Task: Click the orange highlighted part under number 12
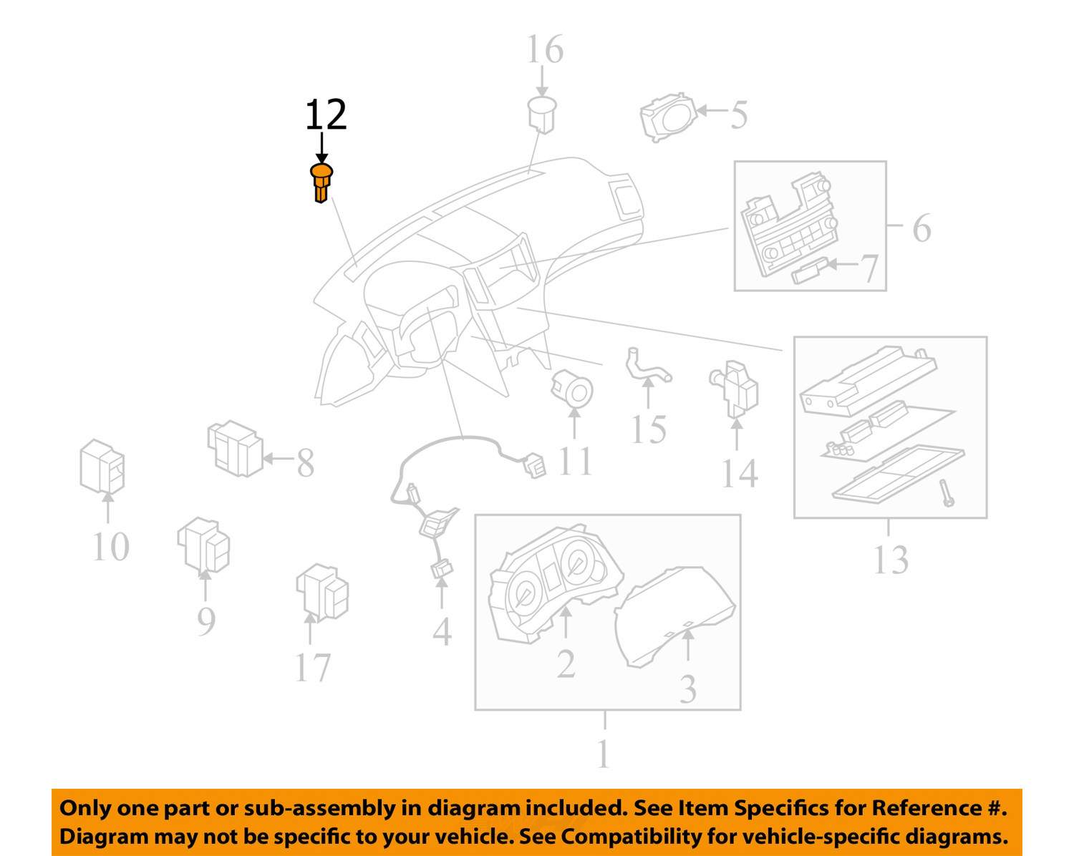tap(321, 183)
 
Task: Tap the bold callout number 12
tap(326, 115)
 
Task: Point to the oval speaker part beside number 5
tap(669, 117)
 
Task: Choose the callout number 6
tap(921, 228)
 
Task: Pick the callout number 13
tap(891, 560)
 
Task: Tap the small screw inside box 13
tap(947, 493)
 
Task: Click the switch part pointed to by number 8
tap(236, 449)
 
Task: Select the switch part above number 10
tap(102, 467)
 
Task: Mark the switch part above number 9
tap(203, 545)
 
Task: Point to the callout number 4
tap(442, 631)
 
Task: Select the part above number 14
tap(734, 388)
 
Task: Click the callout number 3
tap(688, 689)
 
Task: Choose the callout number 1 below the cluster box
tap(604, 754)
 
